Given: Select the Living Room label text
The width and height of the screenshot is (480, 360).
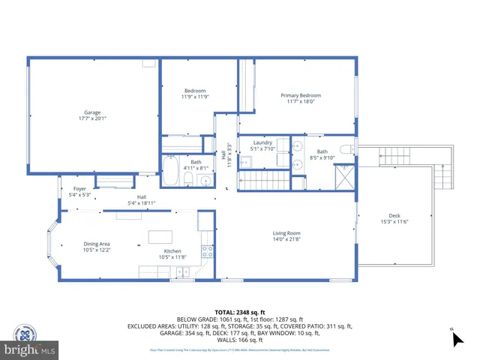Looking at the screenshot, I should coord(286,236).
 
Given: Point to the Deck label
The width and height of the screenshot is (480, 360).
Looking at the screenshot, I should coord(394,217).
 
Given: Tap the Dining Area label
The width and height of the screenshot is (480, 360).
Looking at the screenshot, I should coord(97,247).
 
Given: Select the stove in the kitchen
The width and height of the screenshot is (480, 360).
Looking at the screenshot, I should coord(206,251).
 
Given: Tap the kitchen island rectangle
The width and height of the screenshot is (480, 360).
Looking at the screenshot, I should coord(160,237).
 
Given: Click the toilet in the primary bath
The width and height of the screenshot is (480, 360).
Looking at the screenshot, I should coord(346,150).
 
